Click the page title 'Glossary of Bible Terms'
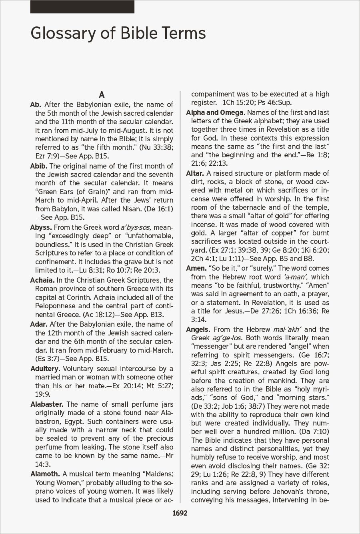(x=118, y=33)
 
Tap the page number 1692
(x=180, y=513)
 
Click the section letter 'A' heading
(x=102, y=95)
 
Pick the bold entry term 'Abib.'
(x=39, y=166)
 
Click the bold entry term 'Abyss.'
(x=41, y=227)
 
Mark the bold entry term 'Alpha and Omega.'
(x=216, y=112)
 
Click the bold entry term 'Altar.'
(x=195, y=173)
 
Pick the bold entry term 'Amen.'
(x=196, y=268)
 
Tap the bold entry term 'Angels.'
(x=198, y=329)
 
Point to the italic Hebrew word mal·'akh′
(x=287, y=329)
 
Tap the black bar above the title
(x=82, y=7)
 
